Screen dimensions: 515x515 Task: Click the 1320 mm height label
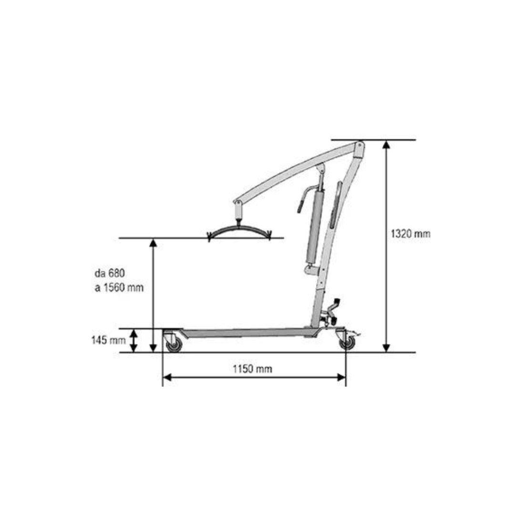[410, 234]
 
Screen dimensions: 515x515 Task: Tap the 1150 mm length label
[252, 369]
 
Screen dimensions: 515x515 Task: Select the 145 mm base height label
[108, 340]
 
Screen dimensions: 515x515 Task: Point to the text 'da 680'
[110, 273]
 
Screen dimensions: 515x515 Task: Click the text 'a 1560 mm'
[119, 288]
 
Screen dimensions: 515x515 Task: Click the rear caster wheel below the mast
[347, 343]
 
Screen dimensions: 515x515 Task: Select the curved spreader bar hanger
[239, 228]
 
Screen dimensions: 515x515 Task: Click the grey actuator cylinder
[315, 227]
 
